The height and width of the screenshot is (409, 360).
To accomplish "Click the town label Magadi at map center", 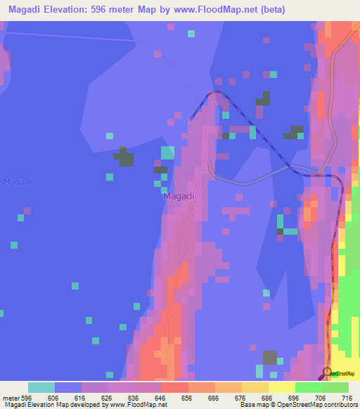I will [179, 196].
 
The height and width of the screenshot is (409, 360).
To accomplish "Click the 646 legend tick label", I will [161, 398].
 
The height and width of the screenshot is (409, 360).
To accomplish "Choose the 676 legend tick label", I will [241, 398].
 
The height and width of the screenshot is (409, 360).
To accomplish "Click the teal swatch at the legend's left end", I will [41, 387].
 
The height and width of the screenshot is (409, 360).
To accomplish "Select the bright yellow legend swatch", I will [281, 387].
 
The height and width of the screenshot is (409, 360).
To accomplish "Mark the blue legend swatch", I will [68, 387].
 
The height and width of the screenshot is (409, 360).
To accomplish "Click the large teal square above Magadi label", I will [167, 152].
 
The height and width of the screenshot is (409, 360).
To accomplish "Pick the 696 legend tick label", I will [295, 398].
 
